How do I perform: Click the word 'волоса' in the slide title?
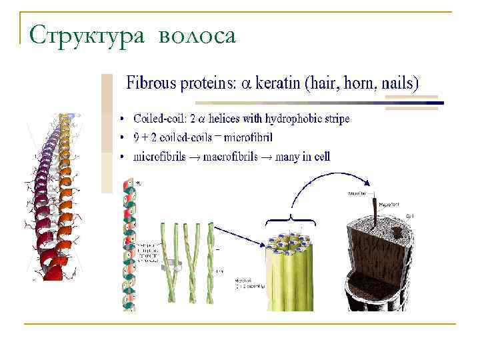(197, 35)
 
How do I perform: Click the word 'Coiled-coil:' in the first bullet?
(161, 119)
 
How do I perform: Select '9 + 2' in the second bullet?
(148, 137)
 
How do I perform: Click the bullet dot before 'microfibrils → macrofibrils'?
(122, 157)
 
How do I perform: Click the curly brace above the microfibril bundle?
(291, 220)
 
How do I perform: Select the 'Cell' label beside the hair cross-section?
(410, 216)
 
